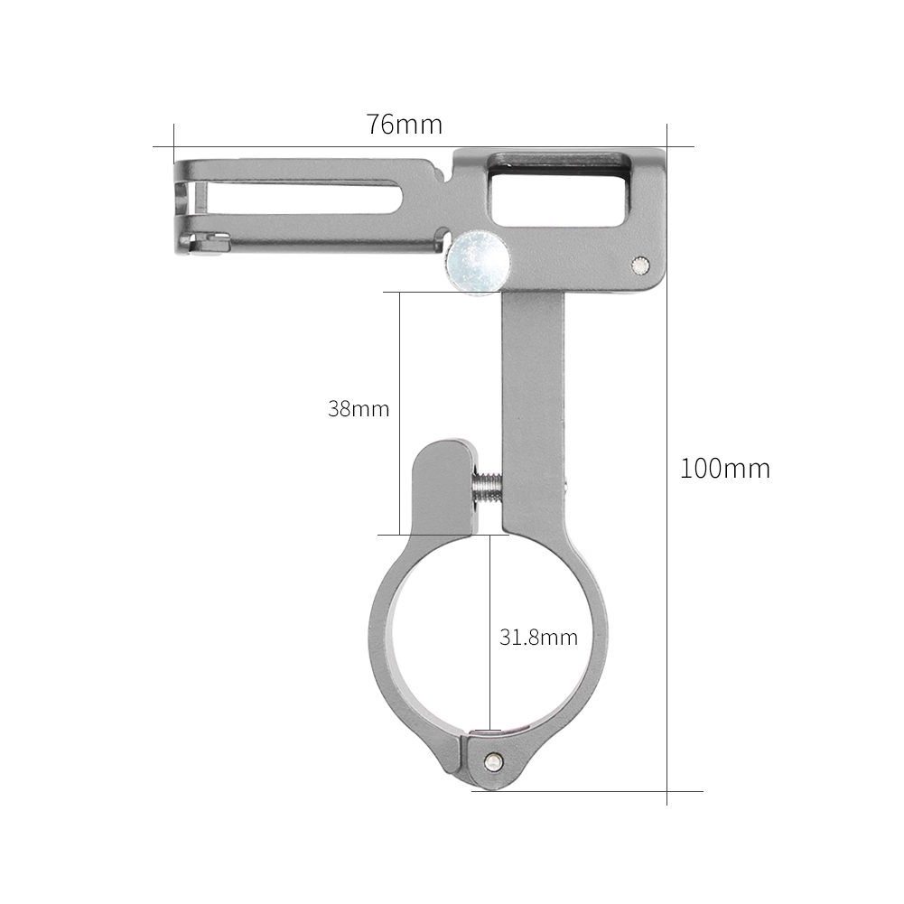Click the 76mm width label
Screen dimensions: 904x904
pos(404,125)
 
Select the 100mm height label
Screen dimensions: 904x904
pos(724,469)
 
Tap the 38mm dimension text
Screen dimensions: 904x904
pos(359,408)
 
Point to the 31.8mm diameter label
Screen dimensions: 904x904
pos(538,637)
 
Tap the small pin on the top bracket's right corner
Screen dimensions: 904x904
pos(639,265)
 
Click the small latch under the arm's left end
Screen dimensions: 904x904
pos(212,242)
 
